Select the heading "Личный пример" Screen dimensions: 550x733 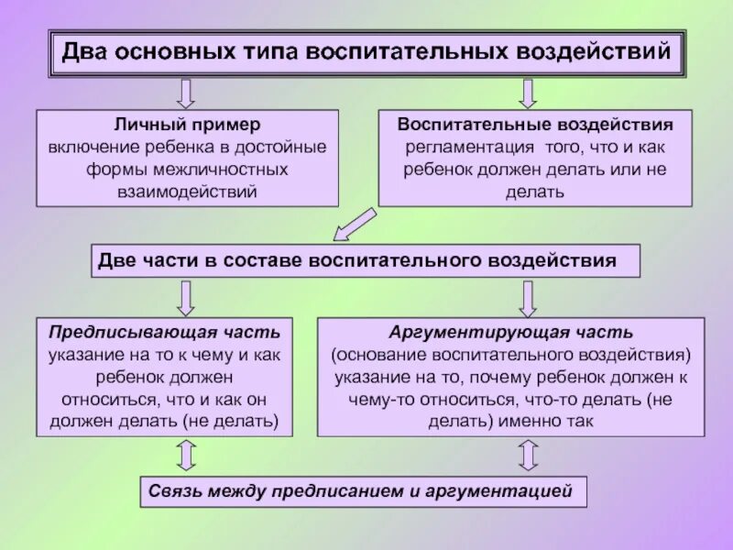187,124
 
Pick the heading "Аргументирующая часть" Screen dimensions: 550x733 510,331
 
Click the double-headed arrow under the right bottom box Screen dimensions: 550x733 528,455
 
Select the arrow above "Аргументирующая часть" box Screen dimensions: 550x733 528,297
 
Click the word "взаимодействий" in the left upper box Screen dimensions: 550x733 188,192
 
